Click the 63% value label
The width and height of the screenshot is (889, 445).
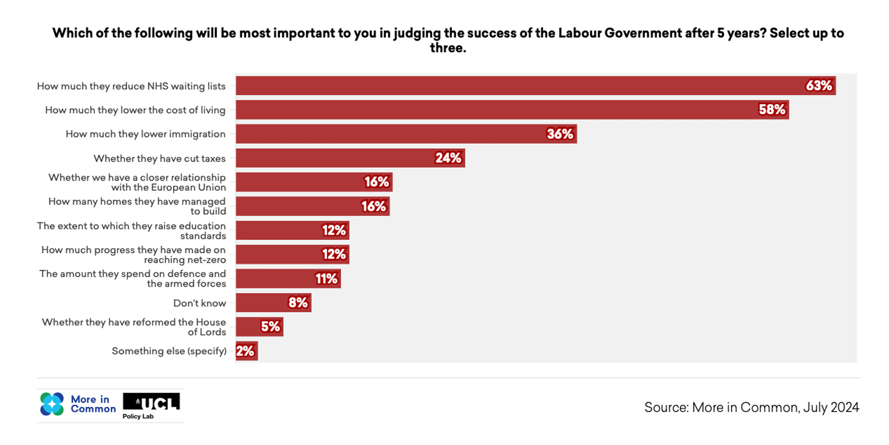click(x=819, y=86)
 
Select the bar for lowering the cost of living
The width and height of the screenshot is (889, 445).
click(x=512, y=110)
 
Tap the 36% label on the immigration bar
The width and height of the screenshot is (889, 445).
click(x=560, y=134)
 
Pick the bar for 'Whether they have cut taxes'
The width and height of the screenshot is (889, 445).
click(x=350, y=158)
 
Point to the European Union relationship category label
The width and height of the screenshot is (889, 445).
click(x=137, y=182)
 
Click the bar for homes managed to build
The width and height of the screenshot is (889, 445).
click(x=313, y=206)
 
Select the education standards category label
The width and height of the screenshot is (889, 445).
click(x=131, y=230)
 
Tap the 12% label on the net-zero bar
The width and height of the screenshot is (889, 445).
click(x=334, y=254)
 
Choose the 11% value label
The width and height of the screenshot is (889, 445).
click(x=326, y=279)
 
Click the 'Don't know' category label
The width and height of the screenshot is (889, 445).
click(x=199, y=303)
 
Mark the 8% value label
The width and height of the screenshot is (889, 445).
click(x=298, y=302)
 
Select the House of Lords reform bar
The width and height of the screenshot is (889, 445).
click(x=259, y=327)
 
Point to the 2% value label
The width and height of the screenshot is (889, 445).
click(x=245, y=351)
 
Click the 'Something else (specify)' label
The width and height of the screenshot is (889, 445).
click(x=169, y=351)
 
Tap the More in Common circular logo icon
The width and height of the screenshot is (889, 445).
click(x=52, y=404)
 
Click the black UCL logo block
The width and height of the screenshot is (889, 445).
click(x=152, y=402)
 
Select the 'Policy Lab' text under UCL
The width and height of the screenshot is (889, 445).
click(x=138, y=416)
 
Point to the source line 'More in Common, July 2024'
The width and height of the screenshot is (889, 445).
click(x=751, y=407)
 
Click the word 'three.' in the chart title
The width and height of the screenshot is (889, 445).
click(x=448, y=48)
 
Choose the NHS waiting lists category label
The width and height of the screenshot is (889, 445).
click(x=131, y=86)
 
